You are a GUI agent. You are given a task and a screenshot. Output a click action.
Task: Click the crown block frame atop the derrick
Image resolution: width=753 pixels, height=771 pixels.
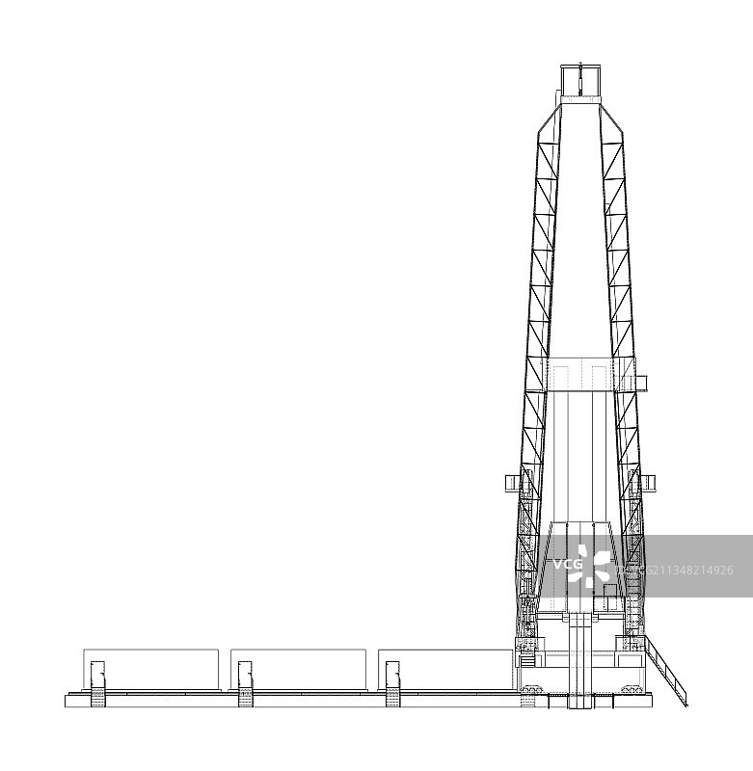coord(580,80)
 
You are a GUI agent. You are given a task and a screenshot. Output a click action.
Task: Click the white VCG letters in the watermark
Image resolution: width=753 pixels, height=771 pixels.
coord(568,564)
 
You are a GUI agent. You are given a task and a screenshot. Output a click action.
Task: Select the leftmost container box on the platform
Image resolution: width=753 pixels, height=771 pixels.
coord(151,669)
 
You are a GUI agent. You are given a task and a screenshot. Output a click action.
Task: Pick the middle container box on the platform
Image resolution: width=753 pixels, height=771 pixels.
coord(299,669)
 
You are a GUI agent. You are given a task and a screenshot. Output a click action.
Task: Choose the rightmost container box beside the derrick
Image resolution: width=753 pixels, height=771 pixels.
coord(445,669)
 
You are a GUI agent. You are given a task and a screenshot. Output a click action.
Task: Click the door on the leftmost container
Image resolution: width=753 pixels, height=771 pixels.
coord(98,676)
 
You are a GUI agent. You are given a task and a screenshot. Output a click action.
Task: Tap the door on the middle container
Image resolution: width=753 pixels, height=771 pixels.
coord(246,676)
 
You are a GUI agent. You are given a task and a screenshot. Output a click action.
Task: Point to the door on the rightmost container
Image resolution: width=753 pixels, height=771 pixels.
coord(392,676)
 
